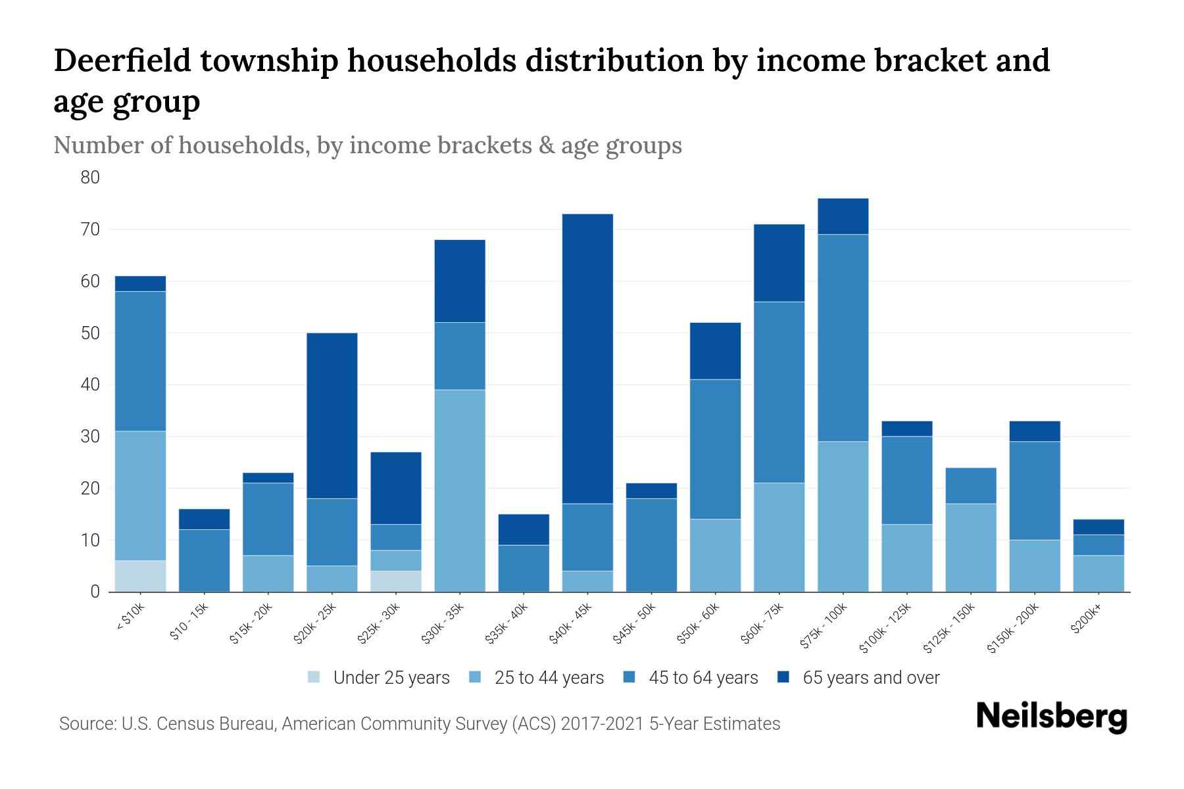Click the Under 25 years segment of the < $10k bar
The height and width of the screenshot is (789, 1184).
140,576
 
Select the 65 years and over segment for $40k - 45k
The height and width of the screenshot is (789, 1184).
587,358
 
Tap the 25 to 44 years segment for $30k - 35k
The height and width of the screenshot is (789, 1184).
460,490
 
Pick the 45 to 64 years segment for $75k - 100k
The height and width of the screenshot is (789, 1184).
843,337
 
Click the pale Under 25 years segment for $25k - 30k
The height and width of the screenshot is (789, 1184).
396,581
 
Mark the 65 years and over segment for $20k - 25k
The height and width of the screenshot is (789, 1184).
332,416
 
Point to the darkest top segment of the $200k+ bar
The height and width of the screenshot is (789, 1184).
1098,527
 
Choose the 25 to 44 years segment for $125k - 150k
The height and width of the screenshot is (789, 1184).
971,548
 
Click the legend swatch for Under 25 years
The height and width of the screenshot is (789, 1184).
314,677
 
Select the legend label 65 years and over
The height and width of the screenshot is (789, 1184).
871,678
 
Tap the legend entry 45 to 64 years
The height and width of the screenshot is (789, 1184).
703,678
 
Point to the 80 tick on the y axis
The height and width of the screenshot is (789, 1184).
90,178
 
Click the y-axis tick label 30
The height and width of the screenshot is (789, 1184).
90,437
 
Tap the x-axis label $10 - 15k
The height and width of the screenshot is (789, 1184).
190,621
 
